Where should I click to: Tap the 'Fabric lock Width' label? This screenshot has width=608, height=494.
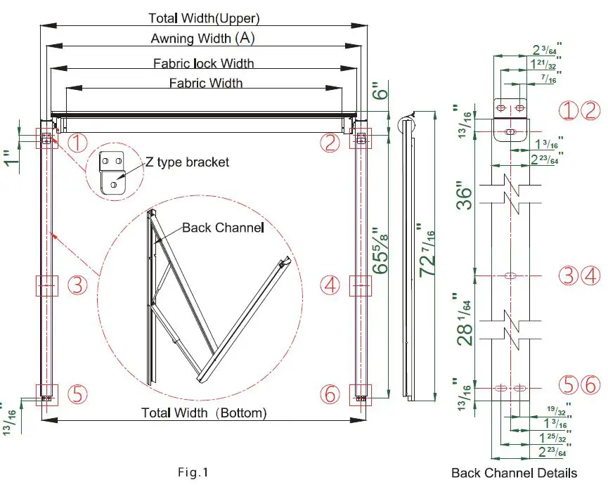tap(204, 63)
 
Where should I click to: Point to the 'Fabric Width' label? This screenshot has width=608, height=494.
tap(206, 83)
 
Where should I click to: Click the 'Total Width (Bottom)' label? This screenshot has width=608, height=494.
tap(204, 412)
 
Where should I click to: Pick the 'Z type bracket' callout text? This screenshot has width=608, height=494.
tap(188, 162)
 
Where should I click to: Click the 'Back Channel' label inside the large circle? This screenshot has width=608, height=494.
tap(222, 228)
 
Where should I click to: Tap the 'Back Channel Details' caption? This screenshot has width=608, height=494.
tap(514, 473)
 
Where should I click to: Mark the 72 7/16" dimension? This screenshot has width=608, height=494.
tap(427, 249)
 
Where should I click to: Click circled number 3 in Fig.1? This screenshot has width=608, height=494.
tap(77, 285)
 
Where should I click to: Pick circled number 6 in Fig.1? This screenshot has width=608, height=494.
tap(330, 394)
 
